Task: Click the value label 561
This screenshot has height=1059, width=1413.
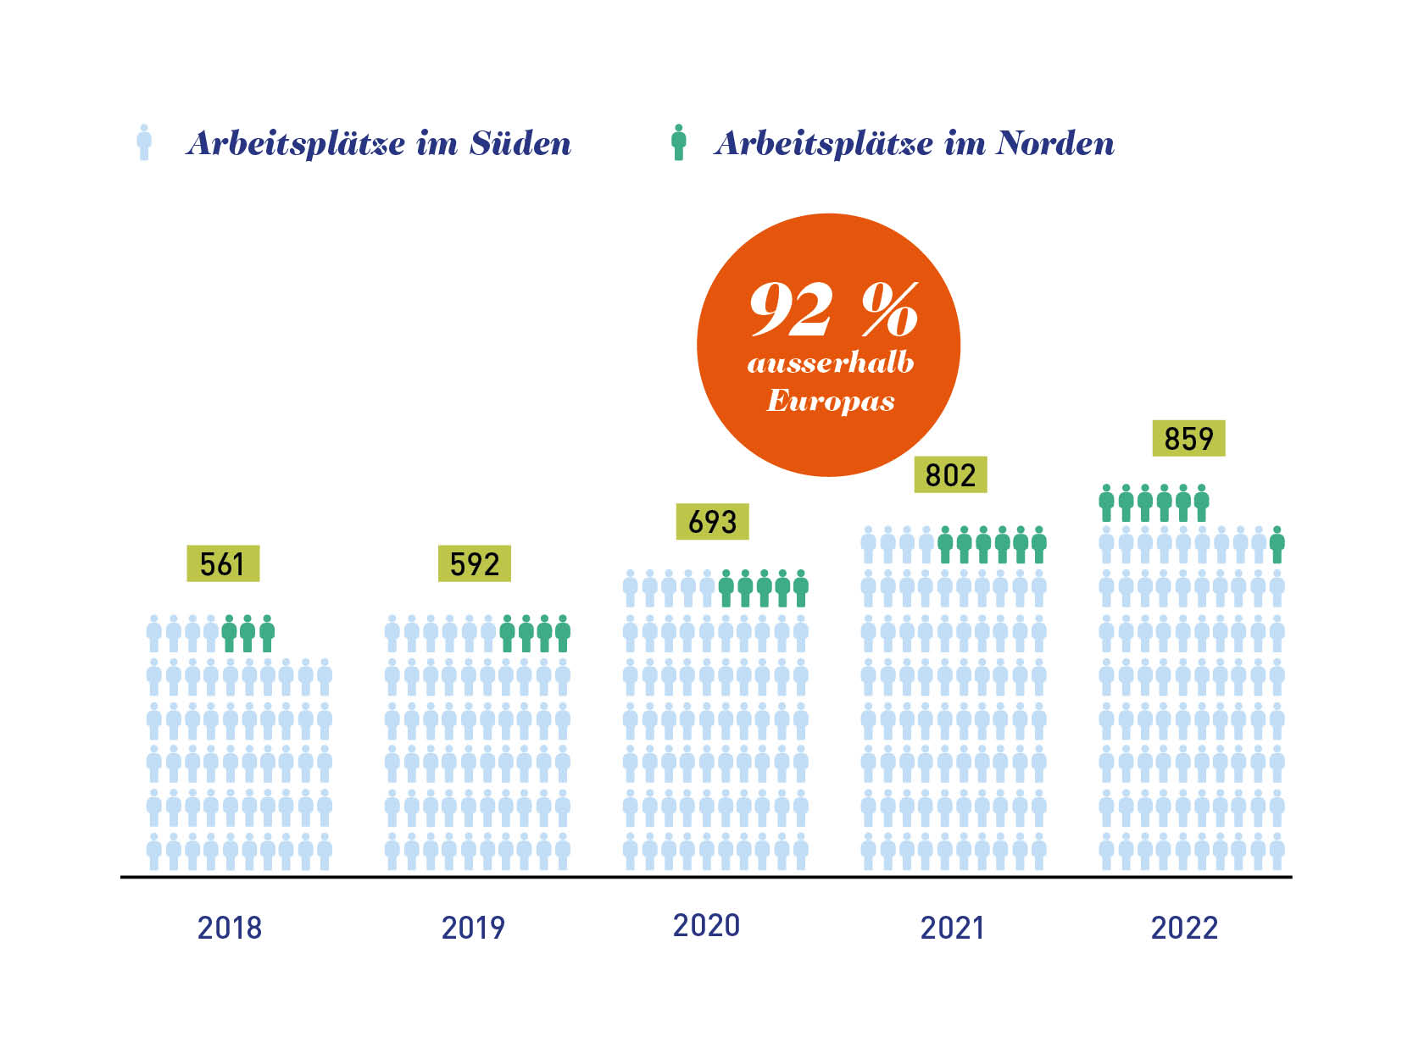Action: pos(222,563)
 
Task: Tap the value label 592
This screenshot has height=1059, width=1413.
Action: pos(474,563)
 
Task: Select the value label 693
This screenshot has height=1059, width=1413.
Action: pos(712,521)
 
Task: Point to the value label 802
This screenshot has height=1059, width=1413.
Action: pos(950,474)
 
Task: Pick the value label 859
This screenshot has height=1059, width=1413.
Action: pos(1188,438)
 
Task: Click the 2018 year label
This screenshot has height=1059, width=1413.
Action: pos(230,928)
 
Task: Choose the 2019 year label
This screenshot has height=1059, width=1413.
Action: pos(473,928)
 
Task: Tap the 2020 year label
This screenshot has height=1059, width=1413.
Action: pos(706,925)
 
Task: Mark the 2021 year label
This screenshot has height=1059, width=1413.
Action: pos(952,928)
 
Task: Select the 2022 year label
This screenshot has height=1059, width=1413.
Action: pos(1184,928)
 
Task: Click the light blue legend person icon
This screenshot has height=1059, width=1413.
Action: pos(144,142)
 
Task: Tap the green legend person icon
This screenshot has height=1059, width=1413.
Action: pos(678,142)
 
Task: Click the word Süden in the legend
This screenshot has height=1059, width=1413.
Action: pos(520,143)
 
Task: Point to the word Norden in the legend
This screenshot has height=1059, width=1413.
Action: pos(1054,143)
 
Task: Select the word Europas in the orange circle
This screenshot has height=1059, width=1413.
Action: pos(831,400)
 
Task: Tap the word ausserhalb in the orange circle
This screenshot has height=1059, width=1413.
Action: pos(831,363)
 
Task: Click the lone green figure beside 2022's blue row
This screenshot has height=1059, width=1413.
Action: pos(1277,545)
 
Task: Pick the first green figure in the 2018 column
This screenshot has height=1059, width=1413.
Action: pos(229,634)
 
